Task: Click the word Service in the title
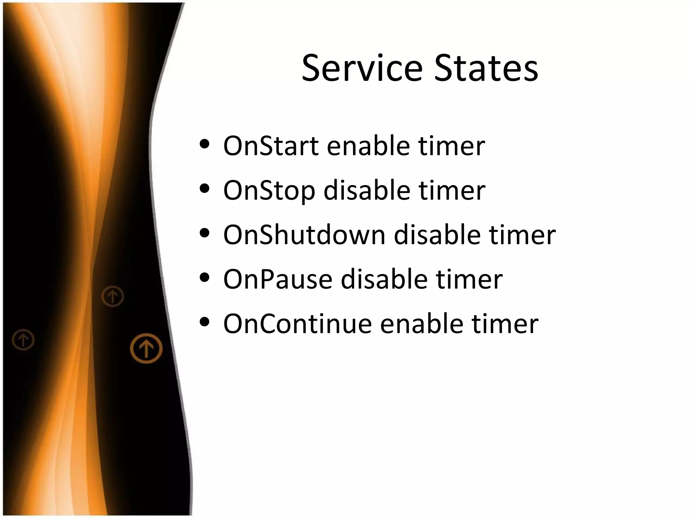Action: click(362, 68)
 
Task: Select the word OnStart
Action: click(271, 146)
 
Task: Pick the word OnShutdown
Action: click(304, 235)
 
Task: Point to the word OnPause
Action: click(278, 280)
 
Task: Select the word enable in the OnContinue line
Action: click(421, 324)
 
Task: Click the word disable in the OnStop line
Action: click(367, 191)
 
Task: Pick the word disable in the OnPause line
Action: click(384, 280)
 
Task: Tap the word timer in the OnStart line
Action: click(451, 146)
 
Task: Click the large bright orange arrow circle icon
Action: click(146, 348)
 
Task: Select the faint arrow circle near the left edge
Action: click(23, 340)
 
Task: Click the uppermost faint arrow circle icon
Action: click(113, 296)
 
